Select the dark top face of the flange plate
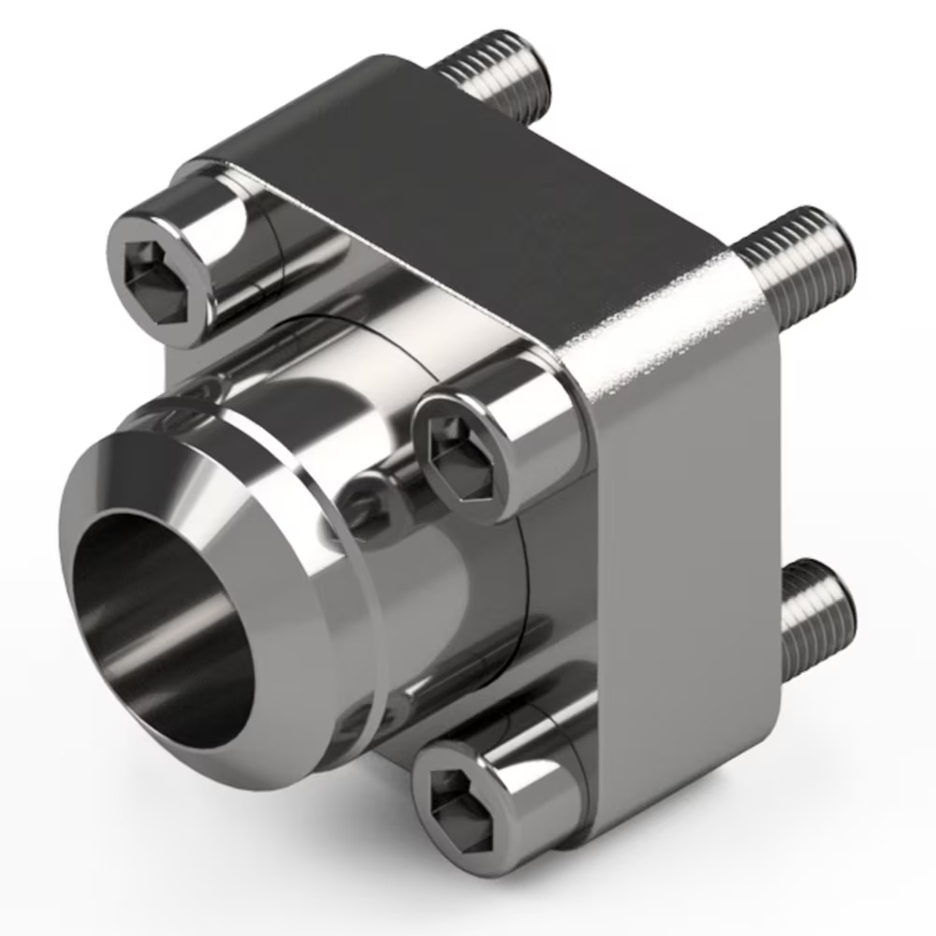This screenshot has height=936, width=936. click(x=468, y=187)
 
